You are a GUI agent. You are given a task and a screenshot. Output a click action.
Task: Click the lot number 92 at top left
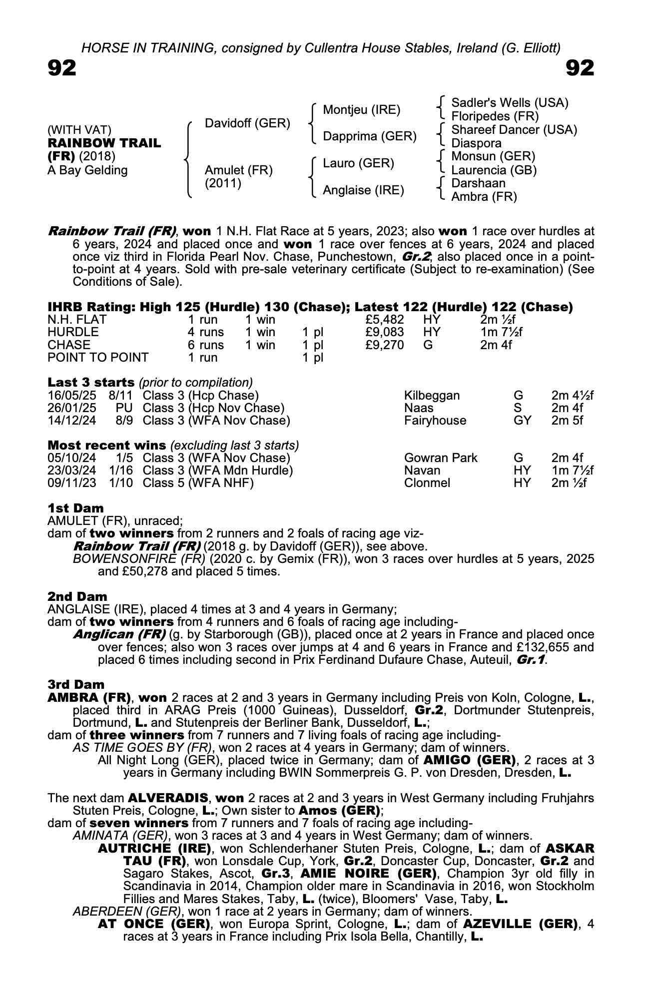pos(62,68)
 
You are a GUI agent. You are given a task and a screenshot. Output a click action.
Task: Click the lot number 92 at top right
pos(580,68)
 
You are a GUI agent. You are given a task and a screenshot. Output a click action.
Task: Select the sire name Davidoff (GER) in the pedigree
pos(247,123)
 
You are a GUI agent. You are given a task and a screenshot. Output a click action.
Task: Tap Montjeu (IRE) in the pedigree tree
pos(361,110)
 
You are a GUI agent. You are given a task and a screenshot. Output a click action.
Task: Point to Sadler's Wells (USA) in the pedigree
pos(510,103)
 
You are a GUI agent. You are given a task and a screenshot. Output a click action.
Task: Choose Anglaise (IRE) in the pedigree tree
pos(363,190)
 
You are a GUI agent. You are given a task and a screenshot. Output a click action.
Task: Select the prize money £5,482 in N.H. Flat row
pos(385,320)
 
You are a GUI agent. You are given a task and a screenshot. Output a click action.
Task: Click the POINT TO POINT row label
pos(98,358)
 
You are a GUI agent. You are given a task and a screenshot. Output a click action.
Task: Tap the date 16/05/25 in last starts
pos(72,396)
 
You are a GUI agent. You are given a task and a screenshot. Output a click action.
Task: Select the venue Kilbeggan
pos(432,396)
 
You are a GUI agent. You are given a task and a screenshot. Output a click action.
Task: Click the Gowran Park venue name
pos(441,458)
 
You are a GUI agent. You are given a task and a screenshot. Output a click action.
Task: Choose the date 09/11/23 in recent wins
pos(72,483)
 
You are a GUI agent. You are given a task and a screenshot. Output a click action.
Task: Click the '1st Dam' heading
pos(75,508)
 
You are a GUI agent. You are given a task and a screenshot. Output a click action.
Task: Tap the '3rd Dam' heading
pos(76,684)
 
